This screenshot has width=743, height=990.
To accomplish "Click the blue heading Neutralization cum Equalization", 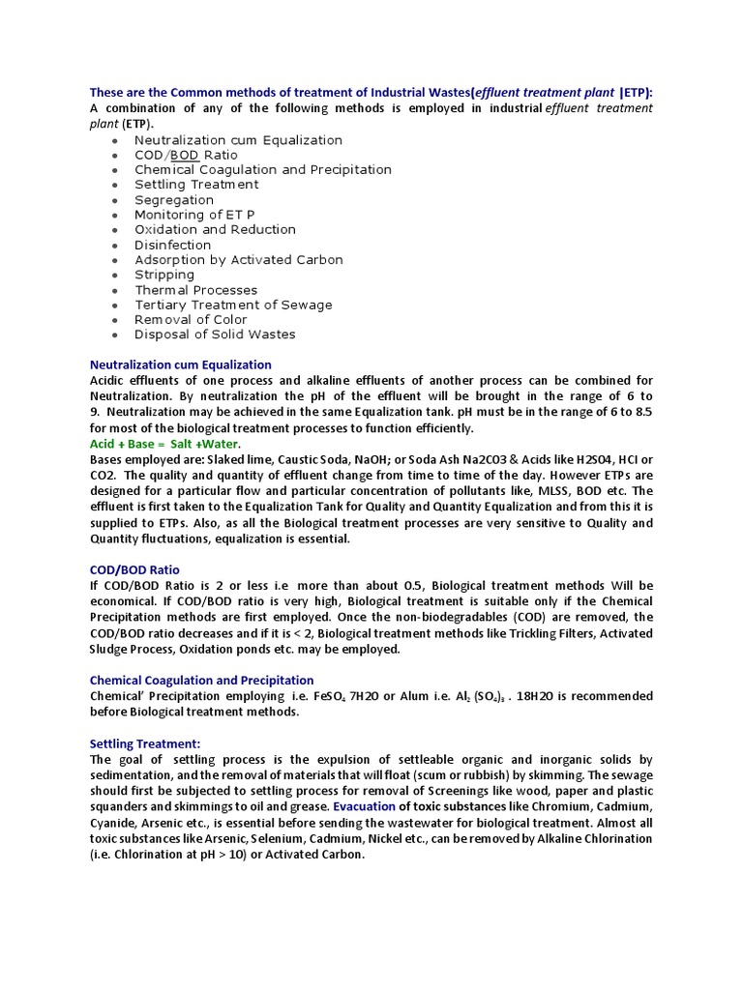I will click(180, 364).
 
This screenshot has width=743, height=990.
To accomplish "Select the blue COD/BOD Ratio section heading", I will click(134, 569).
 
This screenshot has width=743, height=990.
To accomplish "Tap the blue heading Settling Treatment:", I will click(145, 743).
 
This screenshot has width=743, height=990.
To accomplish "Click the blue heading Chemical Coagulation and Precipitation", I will click(201, 680).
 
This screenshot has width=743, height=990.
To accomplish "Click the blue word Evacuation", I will click(365, 806).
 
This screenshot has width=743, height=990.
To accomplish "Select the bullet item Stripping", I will click(164, 275).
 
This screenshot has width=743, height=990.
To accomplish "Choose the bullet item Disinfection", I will click(172, 245).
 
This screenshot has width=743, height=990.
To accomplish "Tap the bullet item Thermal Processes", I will click(195, 290).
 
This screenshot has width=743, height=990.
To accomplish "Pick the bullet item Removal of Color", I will click(191, 319).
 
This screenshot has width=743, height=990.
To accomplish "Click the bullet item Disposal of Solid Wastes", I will click(215, 335).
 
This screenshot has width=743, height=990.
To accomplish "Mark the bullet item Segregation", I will click(174, 200).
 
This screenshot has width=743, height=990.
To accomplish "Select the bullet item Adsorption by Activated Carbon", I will click(238, 259).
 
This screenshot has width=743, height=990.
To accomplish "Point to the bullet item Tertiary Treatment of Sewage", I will click(233, 305).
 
